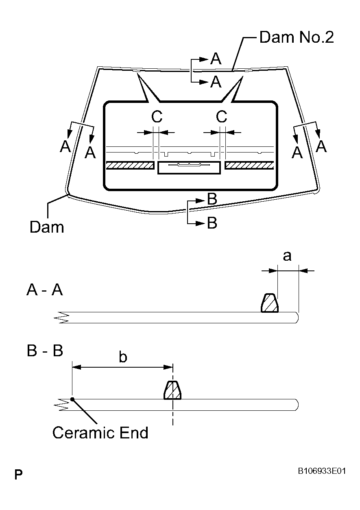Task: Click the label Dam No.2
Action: (x=296, y=37)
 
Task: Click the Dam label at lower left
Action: (x=46, y=227)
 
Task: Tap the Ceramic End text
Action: (x=100, y=432)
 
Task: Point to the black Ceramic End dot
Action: (x=72, y=399)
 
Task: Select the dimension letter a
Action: (x=287, y=256)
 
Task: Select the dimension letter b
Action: (x=123, y=357)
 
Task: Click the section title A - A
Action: (x=45, y=290)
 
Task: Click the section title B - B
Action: (x=45, y=351)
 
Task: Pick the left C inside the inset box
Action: (x=157, y=117)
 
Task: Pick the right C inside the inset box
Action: (x=221, y=117)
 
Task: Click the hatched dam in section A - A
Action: (x=269, y=303)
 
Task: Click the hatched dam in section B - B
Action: (x=172, y=391)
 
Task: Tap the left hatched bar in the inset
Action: (x=130, y=165)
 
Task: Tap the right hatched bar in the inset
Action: (x=249, y=165)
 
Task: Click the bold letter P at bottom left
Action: (x=18, y=475)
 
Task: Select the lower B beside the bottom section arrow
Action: (x=212, y=223)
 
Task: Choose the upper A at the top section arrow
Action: (x=216, y=59)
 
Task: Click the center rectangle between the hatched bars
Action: (x=190, y=168)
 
